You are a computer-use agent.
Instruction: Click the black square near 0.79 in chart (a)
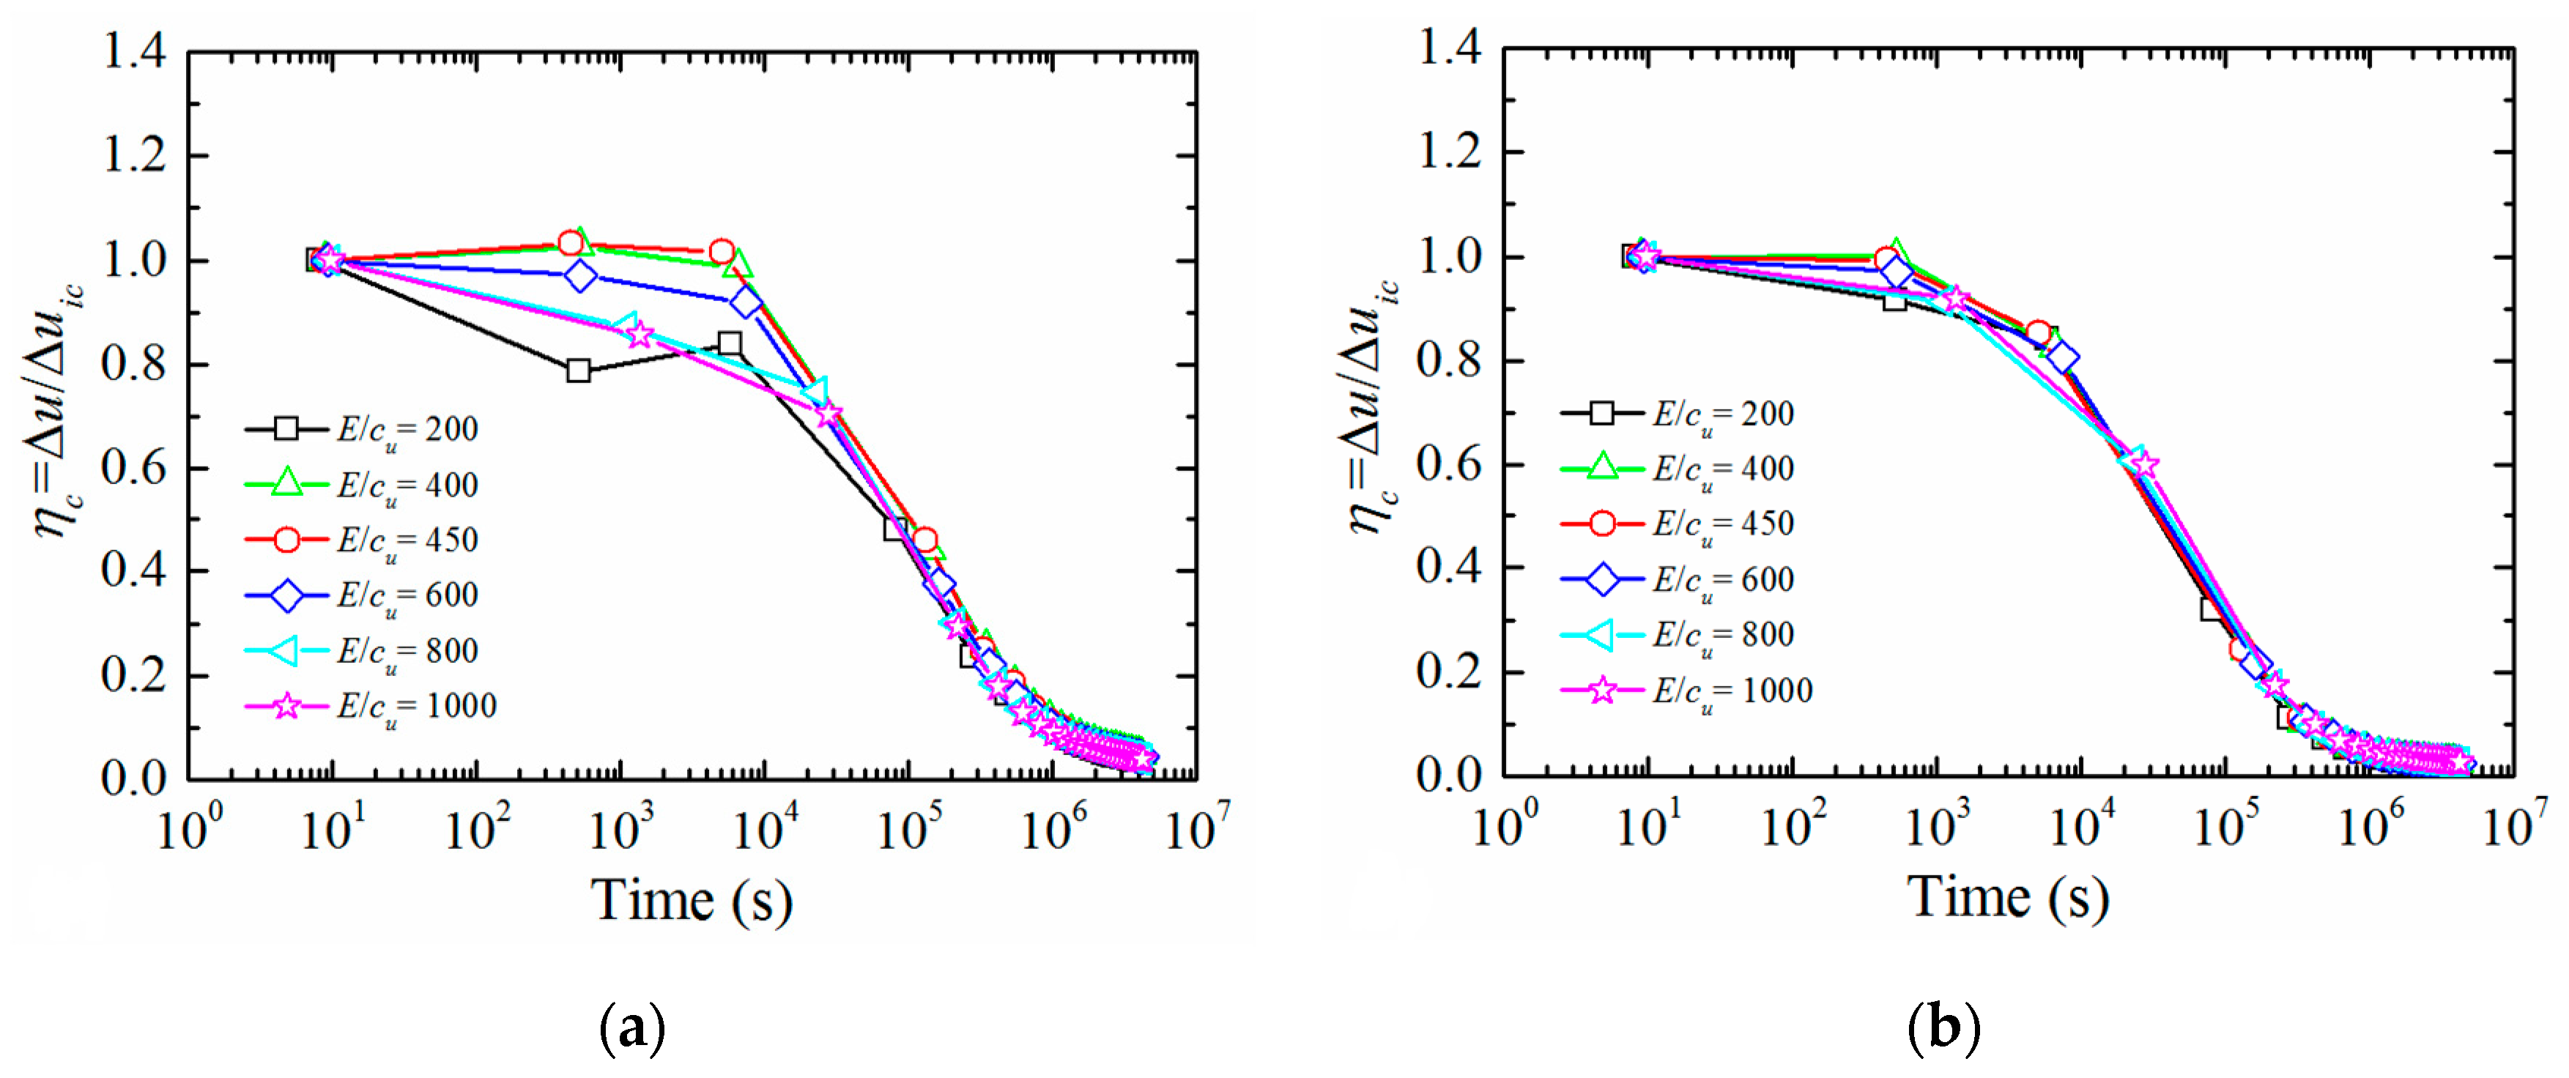coord(579,371)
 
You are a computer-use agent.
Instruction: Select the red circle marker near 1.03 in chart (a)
coord(571,243)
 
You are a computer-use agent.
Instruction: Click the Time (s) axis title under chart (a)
coord(692,901)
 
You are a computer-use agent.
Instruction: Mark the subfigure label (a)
coord(632,1027)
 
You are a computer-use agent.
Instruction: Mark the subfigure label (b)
coord(1943,1027)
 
